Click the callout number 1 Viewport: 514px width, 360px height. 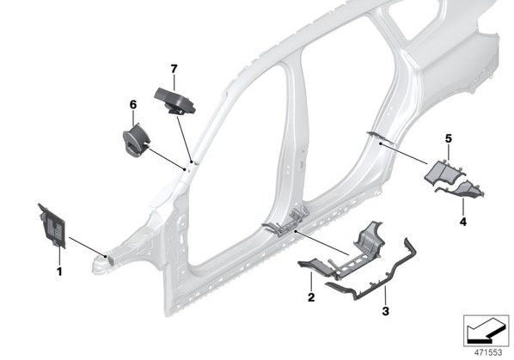pos(59,272)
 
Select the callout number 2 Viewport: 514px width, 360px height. pos(311,297)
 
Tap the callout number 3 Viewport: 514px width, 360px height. pos(385,311)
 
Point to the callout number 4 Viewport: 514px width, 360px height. pos(463,222)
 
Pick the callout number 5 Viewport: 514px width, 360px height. pos(449,138)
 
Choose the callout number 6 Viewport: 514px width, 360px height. pos(133,105)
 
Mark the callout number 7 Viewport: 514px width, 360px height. pos(174,69)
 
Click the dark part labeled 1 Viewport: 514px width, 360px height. pos(52,226)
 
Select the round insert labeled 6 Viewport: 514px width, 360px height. pos(136,140)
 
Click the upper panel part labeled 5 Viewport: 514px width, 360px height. pos(444,172)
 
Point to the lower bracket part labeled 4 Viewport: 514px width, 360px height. pos(462,190)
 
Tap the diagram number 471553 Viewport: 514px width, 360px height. pos(488,352)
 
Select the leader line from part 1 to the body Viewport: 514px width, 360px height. pos(87,247)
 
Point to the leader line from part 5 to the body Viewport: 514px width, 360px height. pos(404,154)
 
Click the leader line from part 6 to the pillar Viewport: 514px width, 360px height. pos(167,160)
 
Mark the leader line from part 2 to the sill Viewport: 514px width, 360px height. pos(322,243)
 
